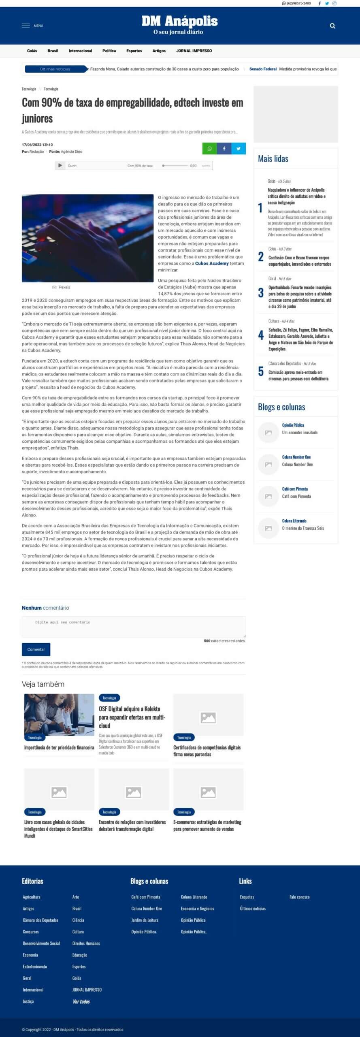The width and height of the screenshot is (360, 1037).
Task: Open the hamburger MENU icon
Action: point(26,26)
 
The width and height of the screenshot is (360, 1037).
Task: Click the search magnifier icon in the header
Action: point(332,26)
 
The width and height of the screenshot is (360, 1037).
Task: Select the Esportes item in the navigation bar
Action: point(134,51)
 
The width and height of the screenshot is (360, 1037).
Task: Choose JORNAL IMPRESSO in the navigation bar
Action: point(194,51)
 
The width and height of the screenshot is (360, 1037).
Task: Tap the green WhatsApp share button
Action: point(209,149)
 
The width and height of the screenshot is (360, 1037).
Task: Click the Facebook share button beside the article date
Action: point(224,149)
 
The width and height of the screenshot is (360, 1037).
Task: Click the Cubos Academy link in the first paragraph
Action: point(212,263)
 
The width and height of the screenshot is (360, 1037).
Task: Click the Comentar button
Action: point(36,649)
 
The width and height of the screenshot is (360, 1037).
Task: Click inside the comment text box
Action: point(134,627)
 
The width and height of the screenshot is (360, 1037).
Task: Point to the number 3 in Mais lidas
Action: point(261,293)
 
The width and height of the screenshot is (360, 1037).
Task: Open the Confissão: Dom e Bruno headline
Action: point(299,261)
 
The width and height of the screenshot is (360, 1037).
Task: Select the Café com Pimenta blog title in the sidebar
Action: point(295,489)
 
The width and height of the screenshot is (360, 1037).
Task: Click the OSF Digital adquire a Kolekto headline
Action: point(132,717)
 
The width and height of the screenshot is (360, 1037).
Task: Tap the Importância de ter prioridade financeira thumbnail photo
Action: point(59,714)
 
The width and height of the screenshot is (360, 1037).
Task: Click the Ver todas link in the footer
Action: point(81,1001)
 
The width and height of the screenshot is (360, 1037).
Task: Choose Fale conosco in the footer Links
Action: point(299,897)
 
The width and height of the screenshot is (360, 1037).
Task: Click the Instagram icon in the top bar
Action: point(334,3)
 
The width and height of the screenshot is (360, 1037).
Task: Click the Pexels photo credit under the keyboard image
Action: point(64,287)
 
